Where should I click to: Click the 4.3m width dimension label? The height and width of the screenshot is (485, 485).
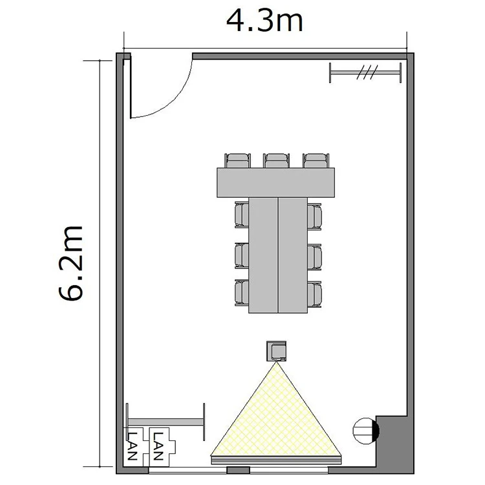point(264,21)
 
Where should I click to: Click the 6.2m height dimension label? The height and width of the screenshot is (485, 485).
point(71,263)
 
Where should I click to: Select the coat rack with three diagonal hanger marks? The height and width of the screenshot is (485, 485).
point(365,72)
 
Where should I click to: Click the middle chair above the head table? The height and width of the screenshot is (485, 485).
point(277,160)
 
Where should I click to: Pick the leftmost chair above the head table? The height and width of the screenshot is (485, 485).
point(237,160)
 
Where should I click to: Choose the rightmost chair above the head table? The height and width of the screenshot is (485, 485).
point(316,160)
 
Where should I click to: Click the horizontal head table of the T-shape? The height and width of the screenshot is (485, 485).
point(275,182)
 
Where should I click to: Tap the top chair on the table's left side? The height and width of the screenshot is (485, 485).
point(242,215)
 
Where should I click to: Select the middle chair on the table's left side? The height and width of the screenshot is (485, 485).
point(242,256)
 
